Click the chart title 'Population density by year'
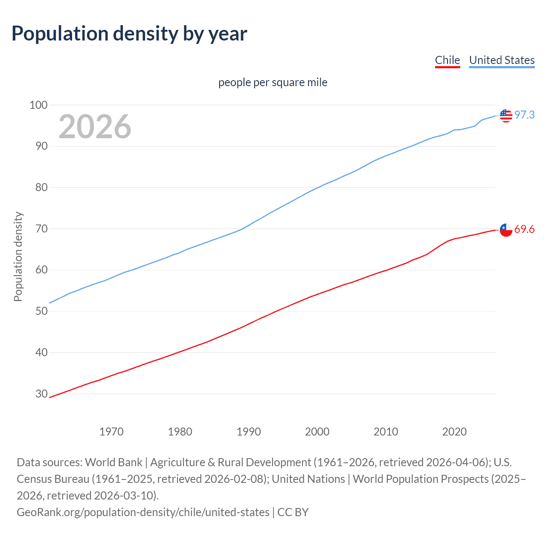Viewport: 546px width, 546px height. [x=129, y=34]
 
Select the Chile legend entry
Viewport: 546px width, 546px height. [x=447, y=60]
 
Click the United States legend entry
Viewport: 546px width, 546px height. [x=502, y=60]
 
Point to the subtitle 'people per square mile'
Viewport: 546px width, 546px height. [x=273, y=82]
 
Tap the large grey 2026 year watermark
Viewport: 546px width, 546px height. [x=95, y=127]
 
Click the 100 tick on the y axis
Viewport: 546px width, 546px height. [x=38, y=105]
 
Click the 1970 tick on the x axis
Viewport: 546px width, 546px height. [x=111, y=432]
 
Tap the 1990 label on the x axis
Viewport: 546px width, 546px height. [x=249, y=432]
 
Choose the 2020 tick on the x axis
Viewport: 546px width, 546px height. [x=454, y=432]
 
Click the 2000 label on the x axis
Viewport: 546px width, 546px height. [x=317, y=432]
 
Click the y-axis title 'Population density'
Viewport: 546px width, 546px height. [x=18, y=257]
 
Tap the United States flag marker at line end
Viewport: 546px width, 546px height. [x=506, y=116]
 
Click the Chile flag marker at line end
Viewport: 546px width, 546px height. [x=506, y=229]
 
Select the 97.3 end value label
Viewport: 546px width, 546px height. [x=524, y=115]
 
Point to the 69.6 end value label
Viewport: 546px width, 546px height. [x=524, y=229]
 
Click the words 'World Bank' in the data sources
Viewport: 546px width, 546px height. [x=113, y=462]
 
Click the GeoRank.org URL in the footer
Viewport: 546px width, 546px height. [x=143, y=512]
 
